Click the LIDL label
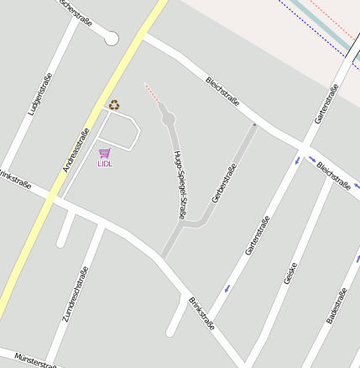pos(105,164)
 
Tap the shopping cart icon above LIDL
pos(105,153)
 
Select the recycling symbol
pos(113,105)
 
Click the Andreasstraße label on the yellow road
pos(76,150)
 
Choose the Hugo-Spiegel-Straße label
pos(179,185)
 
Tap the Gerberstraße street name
pos(224,182)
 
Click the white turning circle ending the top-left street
pos(112,38)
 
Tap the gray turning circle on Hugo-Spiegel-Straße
pos(168,118)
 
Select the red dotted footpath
pos(151,92)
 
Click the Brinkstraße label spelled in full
pos(201,313)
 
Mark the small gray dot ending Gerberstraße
pos(254,125)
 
